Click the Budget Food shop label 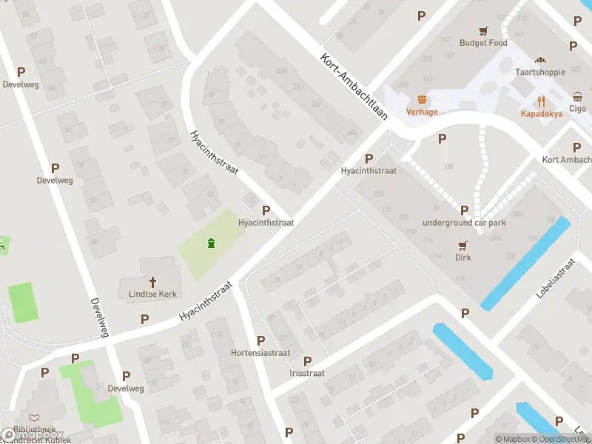tap(483, 43)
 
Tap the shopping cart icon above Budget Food tap(483, 30)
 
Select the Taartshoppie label tap(540, 72)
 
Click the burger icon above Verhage tap(422, 99)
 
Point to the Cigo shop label tap(577, 109)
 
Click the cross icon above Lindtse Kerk tap(153, 281)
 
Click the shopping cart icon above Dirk tap(463, 245)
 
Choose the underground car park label tap(464, 223)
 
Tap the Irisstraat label tap(307, 373)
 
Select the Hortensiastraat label tap(260, 353)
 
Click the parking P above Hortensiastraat tap(260, 340)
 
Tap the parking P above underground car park tap(464, 210)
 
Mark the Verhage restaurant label tap(422, 112)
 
